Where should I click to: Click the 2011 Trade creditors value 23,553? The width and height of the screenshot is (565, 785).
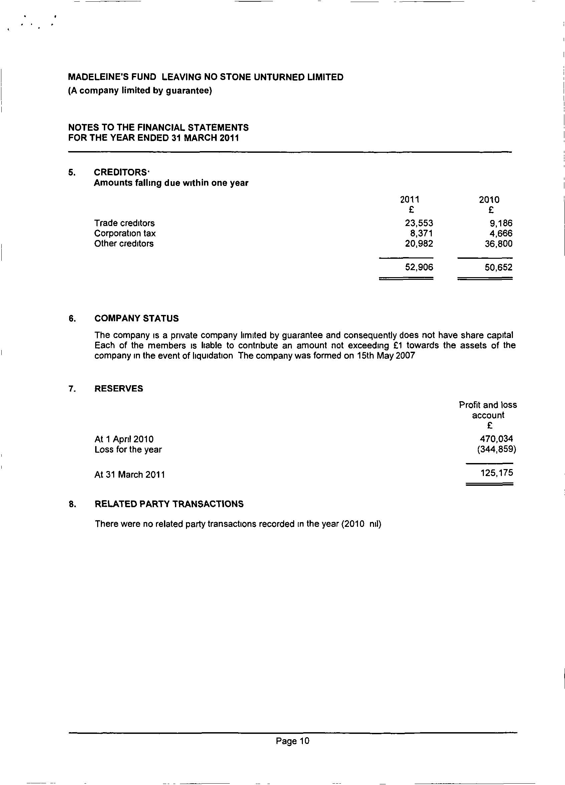click(x=419, y=223)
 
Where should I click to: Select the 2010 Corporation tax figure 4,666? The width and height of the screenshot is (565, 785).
click(x=501, y=234)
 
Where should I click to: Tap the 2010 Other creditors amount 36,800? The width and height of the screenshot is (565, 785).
click(x=498, y=244)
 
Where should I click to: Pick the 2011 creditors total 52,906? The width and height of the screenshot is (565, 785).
click(x=419, y=267)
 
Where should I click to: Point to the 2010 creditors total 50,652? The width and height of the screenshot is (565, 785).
click(x=498, y=267)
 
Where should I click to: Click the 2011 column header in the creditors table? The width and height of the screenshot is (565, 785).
click(x=410, y=200)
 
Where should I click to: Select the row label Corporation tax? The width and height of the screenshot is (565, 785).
click(x=125, y=234)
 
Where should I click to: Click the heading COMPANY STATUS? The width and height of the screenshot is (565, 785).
click(x=137, y=318)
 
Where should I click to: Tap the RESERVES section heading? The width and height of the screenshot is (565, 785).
click(x=119, y=389)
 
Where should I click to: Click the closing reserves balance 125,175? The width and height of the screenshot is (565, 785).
click(x=497, y=473)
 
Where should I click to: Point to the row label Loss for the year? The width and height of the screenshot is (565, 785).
click(x=128, y=450)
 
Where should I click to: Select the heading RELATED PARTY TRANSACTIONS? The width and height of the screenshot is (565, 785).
click(x=169, y=504)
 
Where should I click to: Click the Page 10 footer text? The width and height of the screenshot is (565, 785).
click(x=293, y=741)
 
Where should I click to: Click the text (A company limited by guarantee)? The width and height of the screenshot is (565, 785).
click(x=140, y=91)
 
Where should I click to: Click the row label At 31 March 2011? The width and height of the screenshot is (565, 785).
click(x=130, y=474)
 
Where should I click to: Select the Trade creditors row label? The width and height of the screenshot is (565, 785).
click(x=124, y=223)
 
